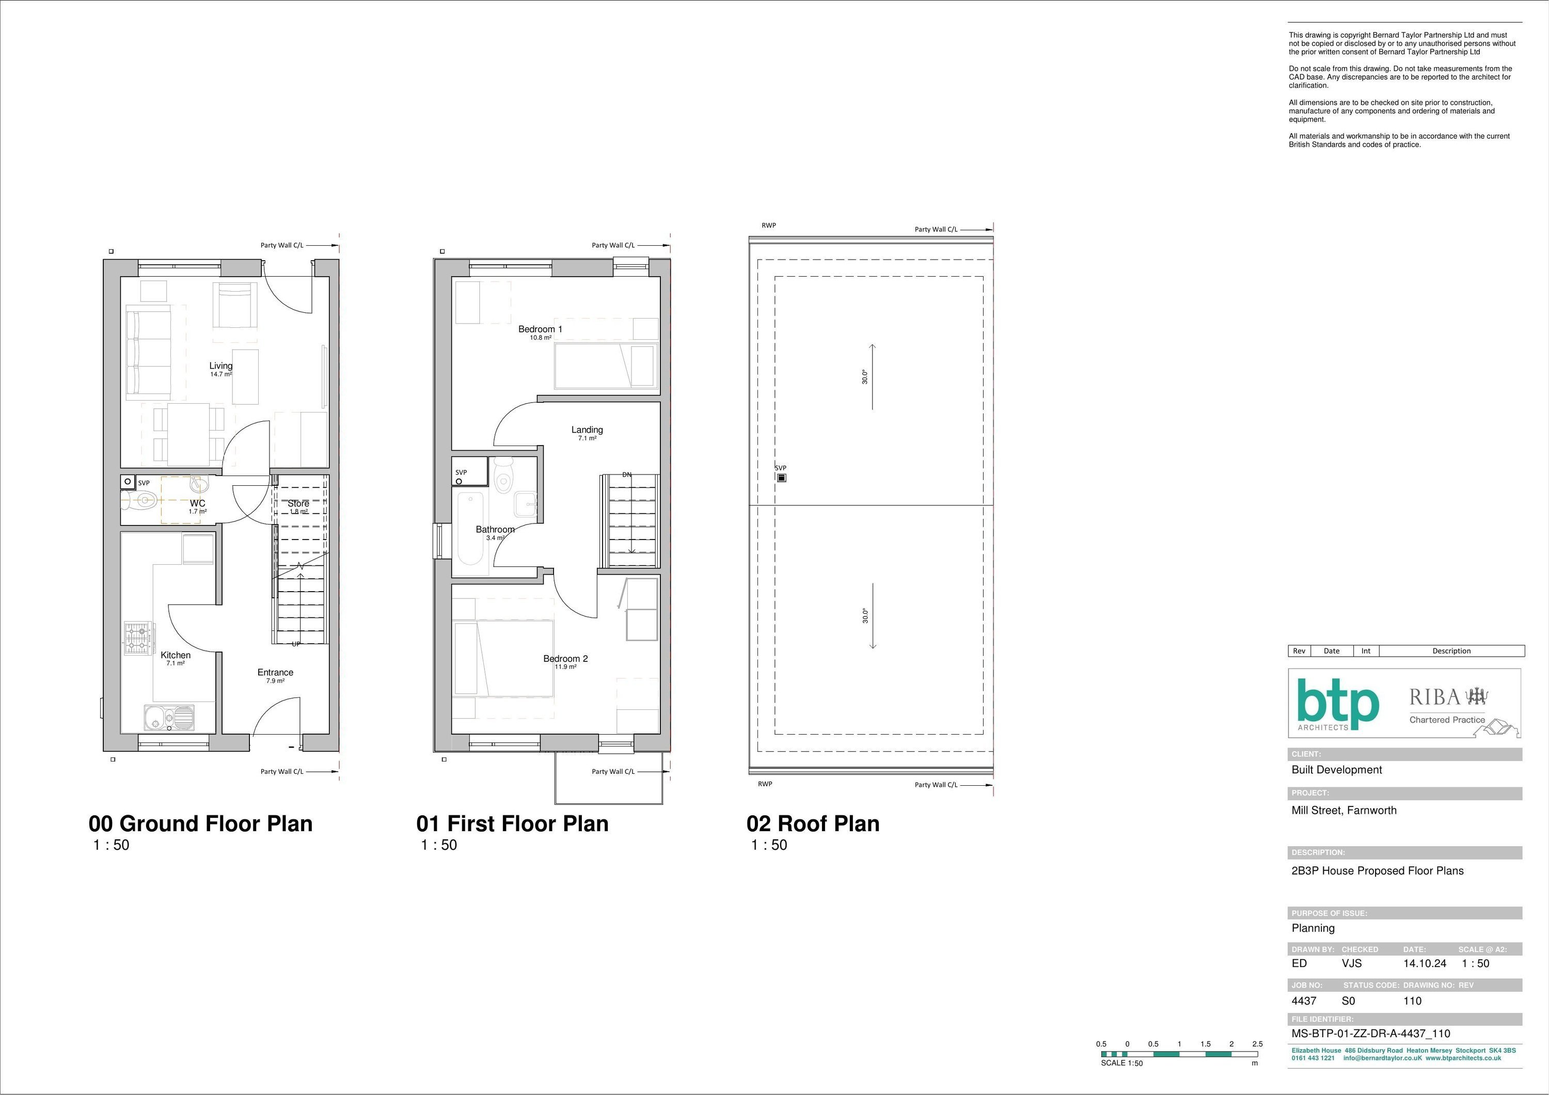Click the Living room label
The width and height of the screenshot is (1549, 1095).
(x=220, y=366)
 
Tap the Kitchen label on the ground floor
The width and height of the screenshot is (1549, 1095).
(x=176, y=655)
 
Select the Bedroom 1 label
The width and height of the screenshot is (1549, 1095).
(x=540, y=329)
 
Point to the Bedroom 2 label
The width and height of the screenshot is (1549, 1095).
(x=565, y=658)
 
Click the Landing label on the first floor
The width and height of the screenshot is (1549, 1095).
(x=587, y=430)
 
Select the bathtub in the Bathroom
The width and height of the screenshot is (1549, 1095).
(x=470, y=530)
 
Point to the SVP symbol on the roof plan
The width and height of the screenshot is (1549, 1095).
(x=781, y=478)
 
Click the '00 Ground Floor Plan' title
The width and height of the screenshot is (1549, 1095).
(x=200, y=824)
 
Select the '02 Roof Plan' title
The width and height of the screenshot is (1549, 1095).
(x=813, y=824)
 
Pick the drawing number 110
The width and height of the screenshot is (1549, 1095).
(x=1412, y=1001)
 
